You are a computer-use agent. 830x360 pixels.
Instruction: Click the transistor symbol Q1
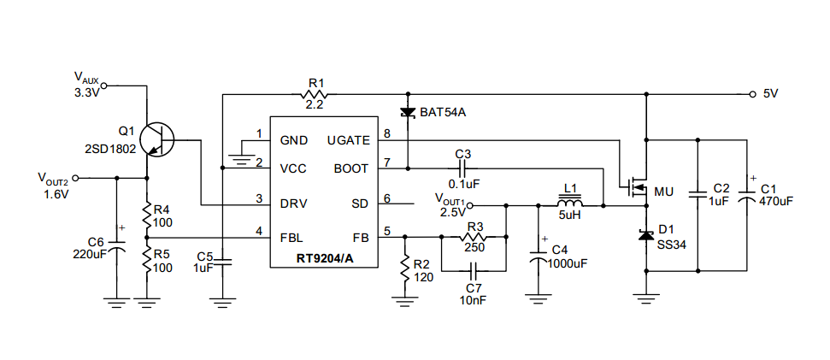[x=158, y=139]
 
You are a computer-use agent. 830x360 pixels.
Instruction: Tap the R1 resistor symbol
[x=315, y=95]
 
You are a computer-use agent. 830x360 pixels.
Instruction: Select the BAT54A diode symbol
[x=408, y=112]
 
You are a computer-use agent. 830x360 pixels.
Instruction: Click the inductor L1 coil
[x=570, y=203]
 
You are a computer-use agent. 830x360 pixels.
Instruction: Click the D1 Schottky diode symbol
[x=645, y=235]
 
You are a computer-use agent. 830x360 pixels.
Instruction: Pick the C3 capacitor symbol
[x=462, y=168]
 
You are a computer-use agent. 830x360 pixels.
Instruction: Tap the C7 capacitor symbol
[x=474, y=271]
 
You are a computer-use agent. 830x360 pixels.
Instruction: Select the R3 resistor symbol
[x=474, y=237]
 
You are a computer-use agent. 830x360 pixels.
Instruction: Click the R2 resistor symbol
[x=404, y=269]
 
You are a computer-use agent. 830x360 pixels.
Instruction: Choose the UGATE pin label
[x=348, y=140]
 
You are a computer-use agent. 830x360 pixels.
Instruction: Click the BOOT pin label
[x=351, y=168]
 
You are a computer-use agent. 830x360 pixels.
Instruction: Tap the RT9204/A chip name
[x=324, y=259]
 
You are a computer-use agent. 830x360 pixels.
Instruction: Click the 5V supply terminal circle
[x=753, y=95]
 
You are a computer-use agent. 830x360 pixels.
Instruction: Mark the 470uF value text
[x=776, y=201]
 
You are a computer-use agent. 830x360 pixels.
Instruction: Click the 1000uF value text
[x=568, y=263]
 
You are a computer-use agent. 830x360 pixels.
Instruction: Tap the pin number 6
[x=387, y=198]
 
